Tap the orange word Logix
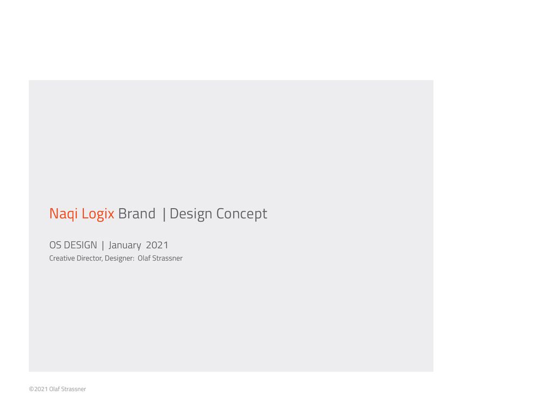pyautogui.click(x=98, y=214)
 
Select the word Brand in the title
pyautogui.click(x=137, y=213)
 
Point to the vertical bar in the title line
pyautogui.click(x=164, y=214)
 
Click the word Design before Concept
pyautogui.click(x=191, y=214)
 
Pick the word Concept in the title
pyautogui.click(x=242, y=214)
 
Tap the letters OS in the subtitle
pyautogui.click(x=55, y=245)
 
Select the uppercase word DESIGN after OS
pyautogui.click(x=80, y=245)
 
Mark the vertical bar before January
pyautogui.click(x=103, y=245)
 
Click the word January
pyautogui.click(x=125, y=245)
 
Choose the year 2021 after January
pyautogui.click(x=157, y=245)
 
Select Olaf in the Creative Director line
pyautogui.click(x=144, y=258)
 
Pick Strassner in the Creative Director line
pyautogui.click(x=167, y=258)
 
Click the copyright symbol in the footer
pyautogui.click(x=31, y=389)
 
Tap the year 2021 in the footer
pyautogui.click(x=41, y=389)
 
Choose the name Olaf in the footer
pyautogui.click(x=55, y=389)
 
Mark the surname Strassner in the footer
pyautogui.click(x=73, y=389)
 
